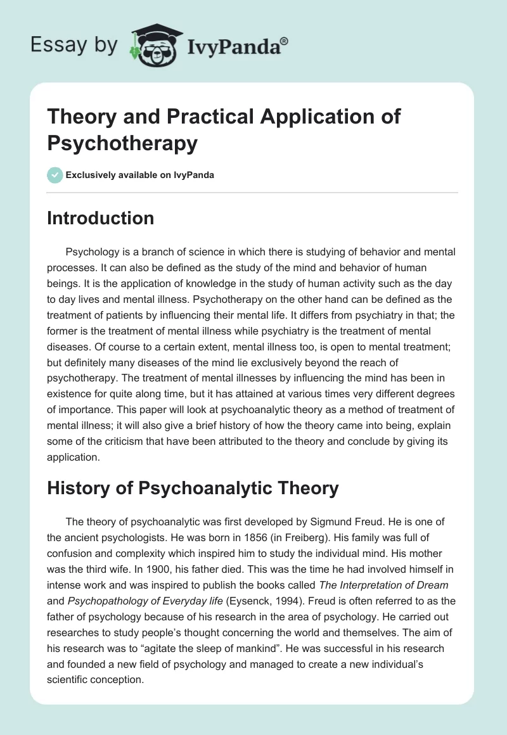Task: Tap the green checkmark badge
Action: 55,175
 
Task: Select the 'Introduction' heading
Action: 100,219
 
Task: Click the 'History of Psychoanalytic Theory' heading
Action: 193,488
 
